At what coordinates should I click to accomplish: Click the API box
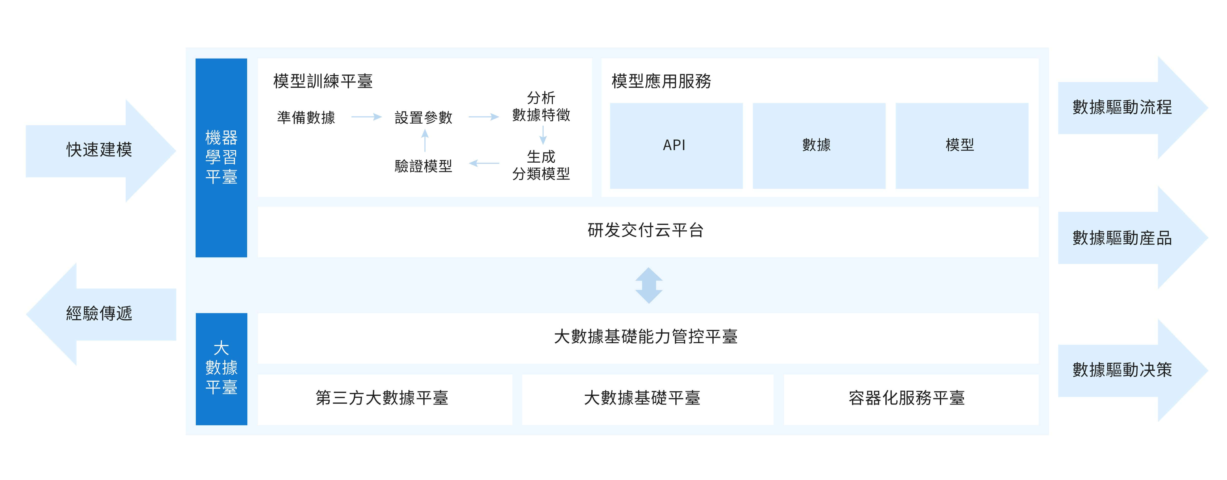point(676,146)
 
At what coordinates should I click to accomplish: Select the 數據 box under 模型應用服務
point(819,146)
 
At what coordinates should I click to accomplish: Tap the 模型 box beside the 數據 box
point(962,146)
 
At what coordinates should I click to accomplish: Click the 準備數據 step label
point(306,117)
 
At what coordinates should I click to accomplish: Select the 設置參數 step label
point(424,117)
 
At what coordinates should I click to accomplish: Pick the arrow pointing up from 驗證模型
point(425,141)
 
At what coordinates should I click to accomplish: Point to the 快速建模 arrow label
point(99,150)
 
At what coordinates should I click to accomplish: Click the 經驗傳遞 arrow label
point(99,313)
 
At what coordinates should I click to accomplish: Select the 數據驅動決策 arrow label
point(1122,370)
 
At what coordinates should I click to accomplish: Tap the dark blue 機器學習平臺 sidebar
point(221,158)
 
